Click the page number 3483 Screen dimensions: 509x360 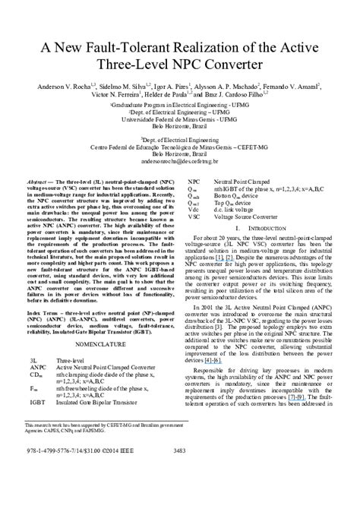(x=179, y=451)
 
